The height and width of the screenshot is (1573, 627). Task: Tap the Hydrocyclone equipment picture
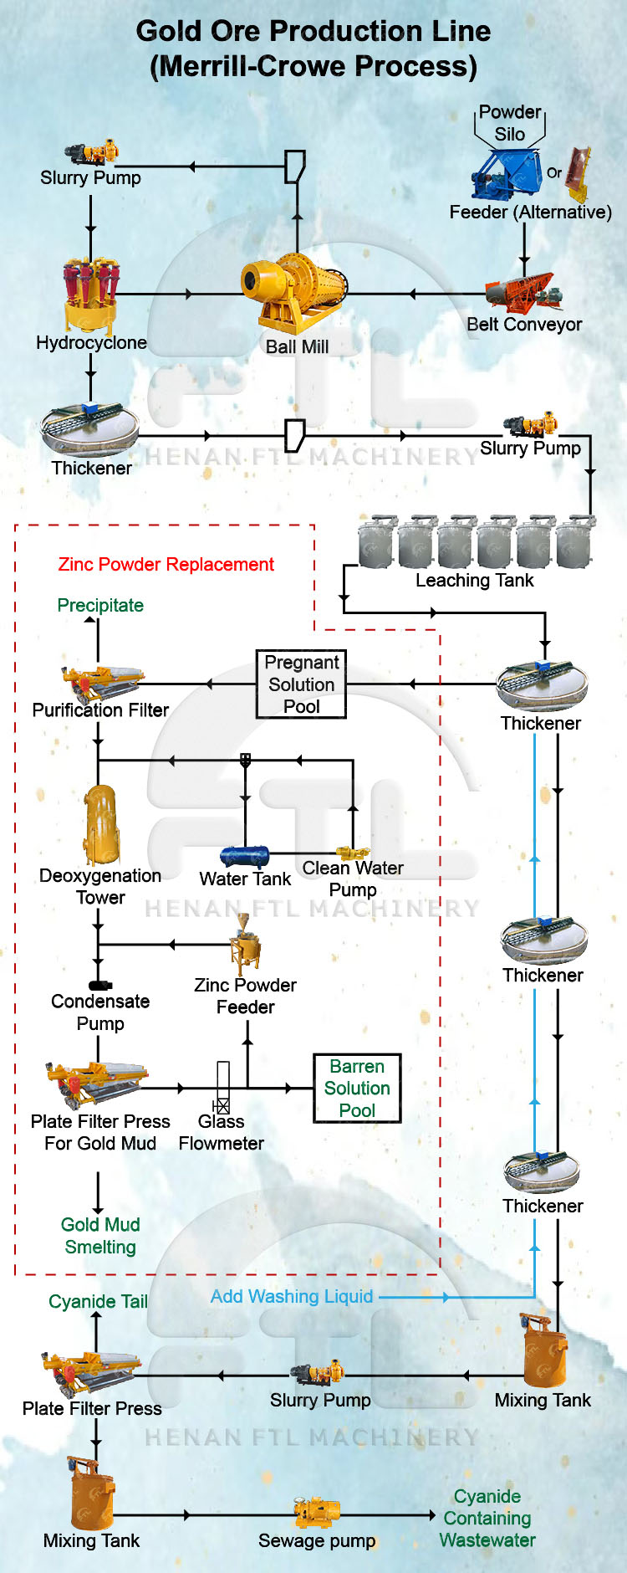coord(90,293)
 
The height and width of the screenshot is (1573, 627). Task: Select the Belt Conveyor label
coord(524,325)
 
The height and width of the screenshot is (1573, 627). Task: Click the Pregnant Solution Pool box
coord(301,684)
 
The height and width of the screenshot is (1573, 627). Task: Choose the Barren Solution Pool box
coord(357,1088)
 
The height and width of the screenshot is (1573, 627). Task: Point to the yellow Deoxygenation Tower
coord(101,824)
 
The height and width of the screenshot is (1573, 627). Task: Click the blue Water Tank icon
coord(244,856)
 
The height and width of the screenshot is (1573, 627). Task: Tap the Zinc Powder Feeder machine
coord(245,947)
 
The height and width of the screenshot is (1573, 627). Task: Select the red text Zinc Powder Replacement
coord(166,565)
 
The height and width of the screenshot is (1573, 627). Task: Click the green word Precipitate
coord(100,605)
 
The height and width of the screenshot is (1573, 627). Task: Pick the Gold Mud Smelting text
coord(100,1236)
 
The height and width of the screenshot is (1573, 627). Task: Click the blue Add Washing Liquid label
coord(292,1297)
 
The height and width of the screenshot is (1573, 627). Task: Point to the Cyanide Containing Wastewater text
coord(487,1518)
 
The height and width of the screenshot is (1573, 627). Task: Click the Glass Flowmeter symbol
coord(222,1088)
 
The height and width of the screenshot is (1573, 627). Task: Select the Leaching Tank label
coord(474,581)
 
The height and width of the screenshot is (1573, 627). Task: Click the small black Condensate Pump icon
coord(99,986)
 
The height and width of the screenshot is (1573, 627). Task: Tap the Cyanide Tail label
coord(98,1302)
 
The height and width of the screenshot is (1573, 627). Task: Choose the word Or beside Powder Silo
coord(554,172)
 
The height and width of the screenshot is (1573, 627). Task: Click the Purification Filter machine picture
coord(100,682)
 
